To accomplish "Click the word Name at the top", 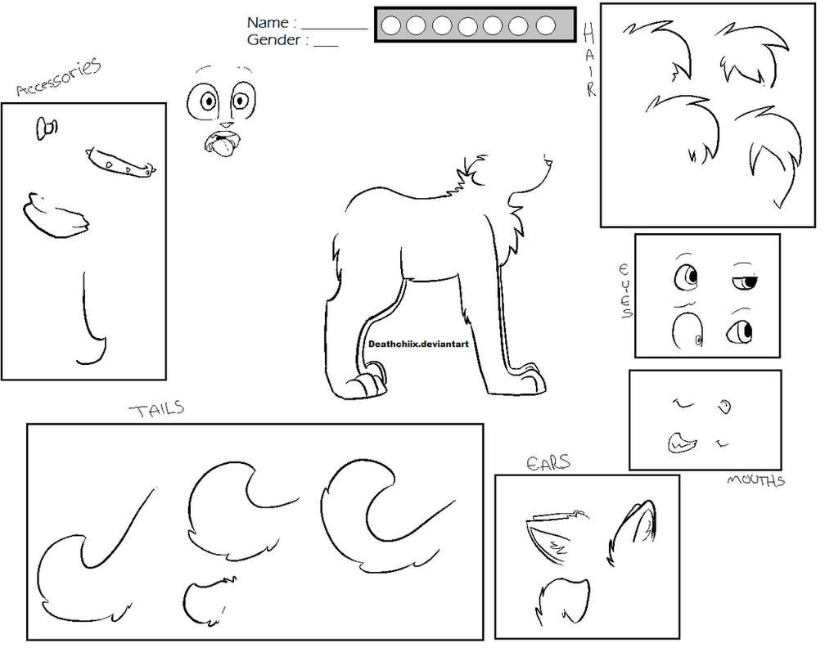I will point(267,23).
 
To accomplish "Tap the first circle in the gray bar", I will point(391,26).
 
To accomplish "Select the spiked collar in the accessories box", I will point(121,162).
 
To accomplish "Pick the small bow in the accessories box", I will point(47,128).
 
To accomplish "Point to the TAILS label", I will point(156,408).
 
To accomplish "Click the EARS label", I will point(548,464).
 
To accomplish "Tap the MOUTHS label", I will point(755,480).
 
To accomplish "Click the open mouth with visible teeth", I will point(680,443).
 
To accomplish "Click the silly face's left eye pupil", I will point(208,101).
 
